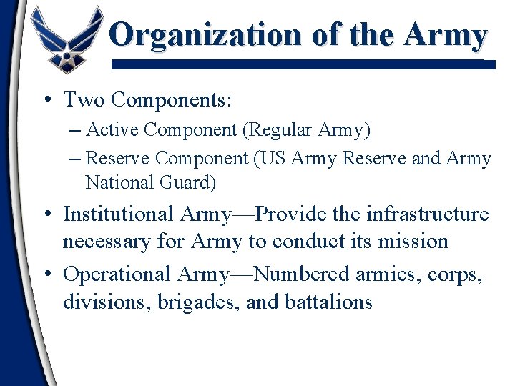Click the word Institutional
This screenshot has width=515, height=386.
118,214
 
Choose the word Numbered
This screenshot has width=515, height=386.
301,274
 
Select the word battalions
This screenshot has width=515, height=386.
329,302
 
